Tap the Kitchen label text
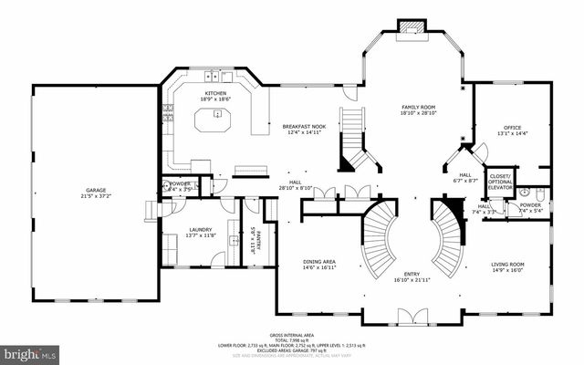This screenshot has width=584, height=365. point(215,94)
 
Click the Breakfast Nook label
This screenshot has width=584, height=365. point(305,126)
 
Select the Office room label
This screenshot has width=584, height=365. point(512,128)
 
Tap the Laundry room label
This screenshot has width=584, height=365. point(201,229)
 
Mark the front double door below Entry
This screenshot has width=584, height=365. point(412,317)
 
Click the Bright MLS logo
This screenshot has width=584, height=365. point(31,351)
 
